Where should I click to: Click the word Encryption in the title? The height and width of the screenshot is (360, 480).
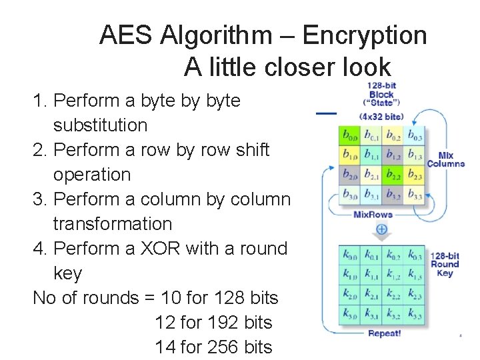pos(365,35)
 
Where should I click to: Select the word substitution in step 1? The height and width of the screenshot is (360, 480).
pos(100,125)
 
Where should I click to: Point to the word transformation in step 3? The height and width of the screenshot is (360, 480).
pos(112,224)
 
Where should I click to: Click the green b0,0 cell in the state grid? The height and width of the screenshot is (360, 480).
pos(349,137)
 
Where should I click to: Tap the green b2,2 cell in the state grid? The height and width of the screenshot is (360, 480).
pos(393,175)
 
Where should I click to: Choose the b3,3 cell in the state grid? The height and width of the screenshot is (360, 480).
pos(415,195)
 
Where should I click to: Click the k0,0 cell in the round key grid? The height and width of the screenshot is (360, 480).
pos(349,255)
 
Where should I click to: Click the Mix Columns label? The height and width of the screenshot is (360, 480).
pos(445,160)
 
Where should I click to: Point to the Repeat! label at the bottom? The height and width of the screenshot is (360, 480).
pos(384,333)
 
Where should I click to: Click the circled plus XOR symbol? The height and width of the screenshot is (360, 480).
pos(381,229)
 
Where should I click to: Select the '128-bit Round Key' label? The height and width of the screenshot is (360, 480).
pos(445,264)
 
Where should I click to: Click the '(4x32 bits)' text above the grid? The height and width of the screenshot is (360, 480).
pos(381,116)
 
